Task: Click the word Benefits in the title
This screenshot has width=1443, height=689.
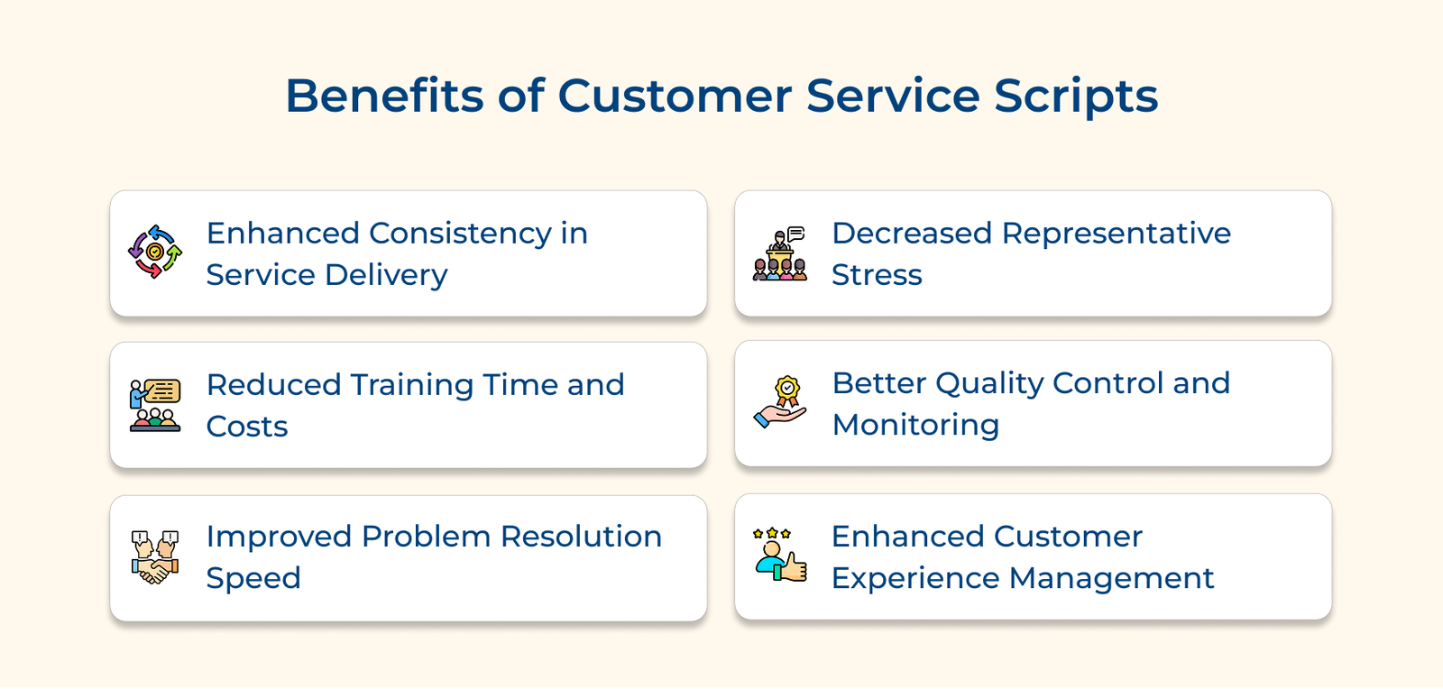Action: click(x=383, y=96)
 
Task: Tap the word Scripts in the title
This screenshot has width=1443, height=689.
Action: click(x=1076, y=96)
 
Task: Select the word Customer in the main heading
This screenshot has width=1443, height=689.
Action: click(x=675, y=96)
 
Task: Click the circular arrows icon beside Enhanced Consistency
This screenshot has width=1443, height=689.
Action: click(x=155, y=252)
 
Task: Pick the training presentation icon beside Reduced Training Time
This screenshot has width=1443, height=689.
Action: click(x=155, y=405)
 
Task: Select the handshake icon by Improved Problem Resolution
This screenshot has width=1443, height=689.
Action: click(x=155, y=557)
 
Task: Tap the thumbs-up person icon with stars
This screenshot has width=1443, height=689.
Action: click(x=780, y=555)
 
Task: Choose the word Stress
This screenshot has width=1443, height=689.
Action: click(x=877, y=275)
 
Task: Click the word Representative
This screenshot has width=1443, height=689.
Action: click(x=1116, y=234)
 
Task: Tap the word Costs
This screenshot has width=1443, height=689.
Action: click(x=247, y=427)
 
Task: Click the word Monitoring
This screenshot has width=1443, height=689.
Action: click(x=915, y=425)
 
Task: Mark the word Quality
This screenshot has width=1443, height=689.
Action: click(x=989, y=383)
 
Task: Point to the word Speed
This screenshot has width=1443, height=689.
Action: click(x=253, y=578)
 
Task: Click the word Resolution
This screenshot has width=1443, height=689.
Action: click(x=581, y=537)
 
